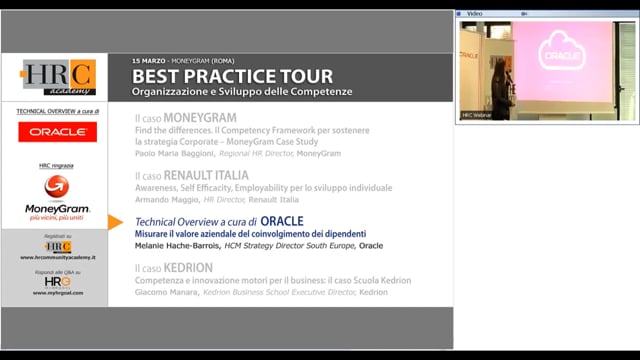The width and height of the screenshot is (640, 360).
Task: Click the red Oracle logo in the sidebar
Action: tap(57, 132)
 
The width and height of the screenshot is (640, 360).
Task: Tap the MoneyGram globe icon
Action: tap(57, 186)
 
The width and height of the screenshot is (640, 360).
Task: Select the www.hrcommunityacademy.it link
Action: tap(57, 257)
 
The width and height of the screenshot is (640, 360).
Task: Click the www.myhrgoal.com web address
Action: tap(57, 292)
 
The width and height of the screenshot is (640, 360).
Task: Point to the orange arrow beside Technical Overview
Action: tap(115, 221)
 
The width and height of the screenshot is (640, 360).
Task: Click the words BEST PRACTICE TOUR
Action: tap(233, 76)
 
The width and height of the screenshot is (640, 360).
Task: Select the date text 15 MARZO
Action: tap(153, 61)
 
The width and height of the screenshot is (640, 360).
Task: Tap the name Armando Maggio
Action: tap(166, 199)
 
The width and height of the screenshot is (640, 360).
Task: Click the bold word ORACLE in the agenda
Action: tap(282, 221)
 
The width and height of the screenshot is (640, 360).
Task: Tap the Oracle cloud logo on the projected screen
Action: tap(561, 54)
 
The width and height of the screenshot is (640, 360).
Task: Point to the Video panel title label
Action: tap(474, 14)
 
